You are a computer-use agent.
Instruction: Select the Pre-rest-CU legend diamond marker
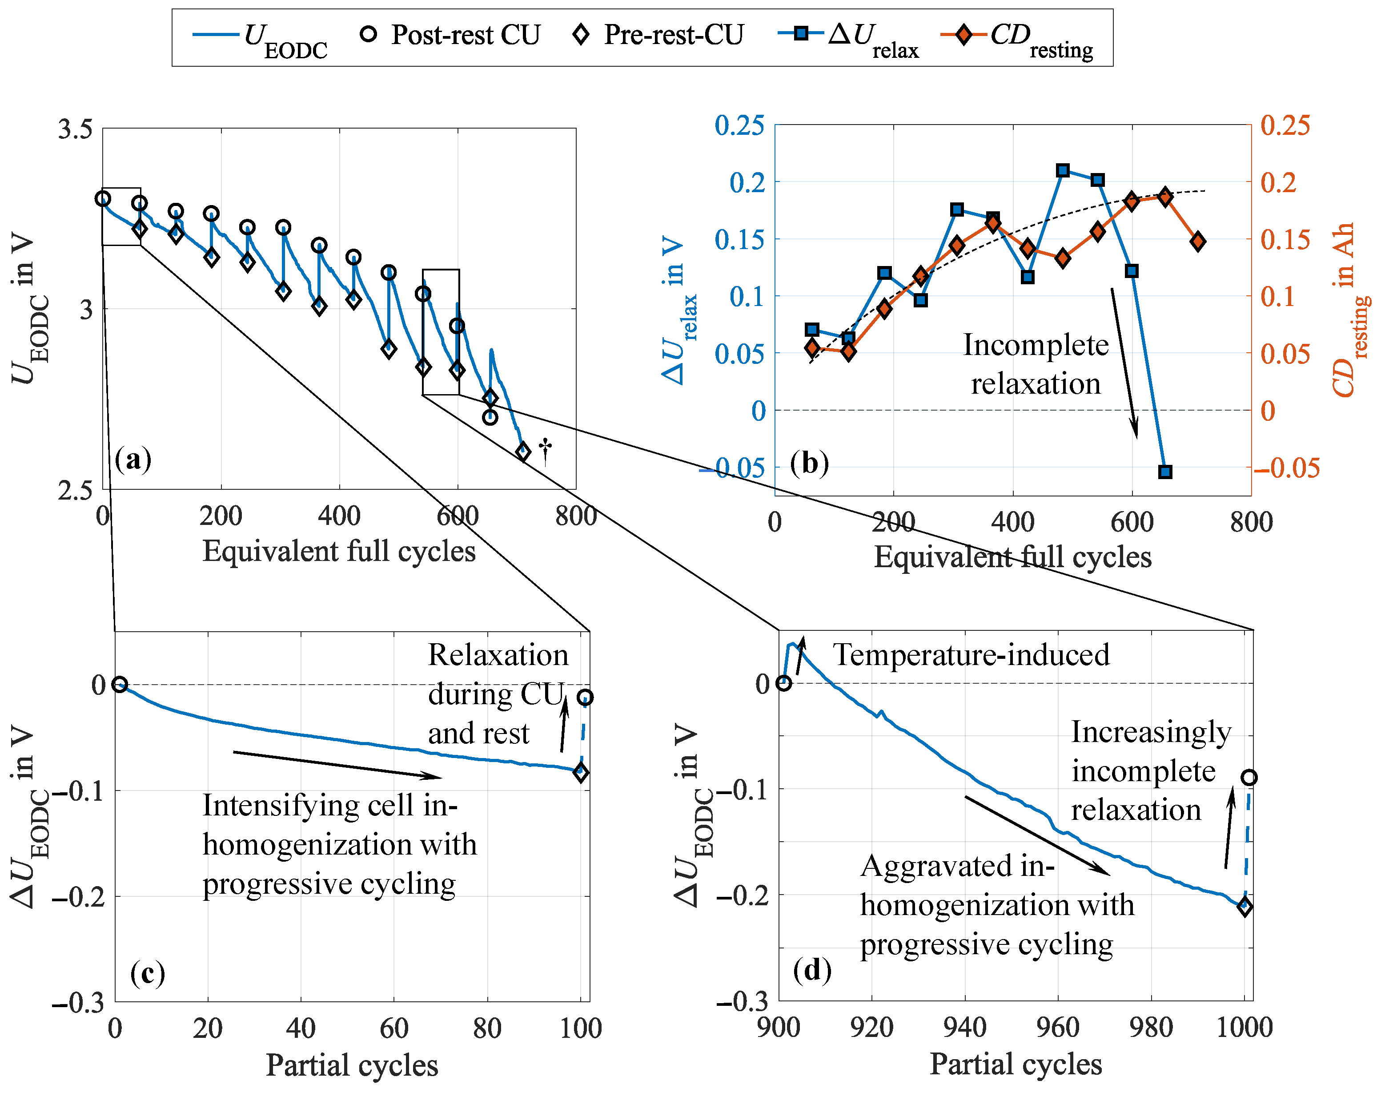point(581,34)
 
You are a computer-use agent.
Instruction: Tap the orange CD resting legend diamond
point(963,34)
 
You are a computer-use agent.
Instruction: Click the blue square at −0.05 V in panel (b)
point(1165,472)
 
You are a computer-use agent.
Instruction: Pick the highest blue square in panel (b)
point(1063,170)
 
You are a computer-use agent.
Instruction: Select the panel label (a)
point(133,460)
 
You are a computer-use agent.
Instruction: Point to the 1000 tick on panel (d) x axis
point(1244,1028)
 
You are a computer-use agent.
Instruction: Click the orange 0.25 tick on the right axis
point(1285,125)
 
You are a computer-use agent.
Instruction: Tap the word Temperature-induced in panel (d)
point(971,655)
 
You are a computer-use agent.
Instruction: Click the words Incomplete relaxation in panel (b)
point(1036,364)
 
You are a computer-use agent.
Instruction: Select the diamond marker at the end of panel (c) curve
point(581,772)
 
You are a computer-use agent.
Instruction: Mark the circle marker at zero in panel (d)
point(783,683)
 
